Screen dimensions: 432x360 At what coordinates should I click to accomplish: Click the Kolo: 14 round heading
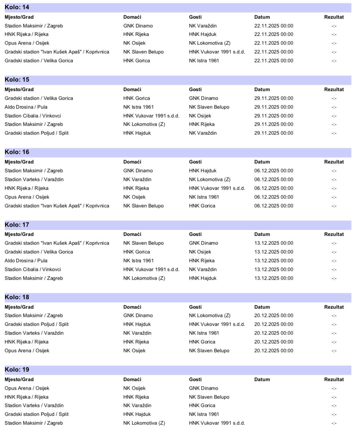coord(17,7)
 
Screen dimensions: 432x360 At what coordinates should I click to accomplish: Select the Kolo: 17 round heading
coord(17,225)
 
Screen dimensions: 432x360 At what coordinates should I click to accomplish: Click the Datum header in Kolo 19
coord(262,379)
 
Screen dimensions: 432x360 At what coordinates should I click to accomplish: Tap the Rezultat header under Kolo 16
coord(334,162)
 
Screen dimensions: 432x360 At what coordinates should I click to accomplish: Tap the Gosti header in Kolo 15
coord(195,89)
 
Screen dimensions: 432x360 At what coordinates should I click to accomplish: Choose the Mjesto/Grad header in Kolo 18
coord(19,307)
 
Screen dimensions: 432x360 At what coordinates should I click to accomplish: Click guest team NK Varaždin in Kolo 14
coord(203,26)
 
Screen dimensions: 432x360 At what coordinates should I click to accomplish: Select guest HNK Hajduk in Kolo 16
coord(203,171)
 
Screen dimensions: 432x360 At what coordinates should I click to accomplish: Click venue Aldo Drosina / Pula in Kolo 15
coord(26,107)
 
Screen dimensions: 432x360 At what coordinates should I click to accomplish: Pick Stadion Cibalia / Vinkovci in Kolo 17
coord(33,269)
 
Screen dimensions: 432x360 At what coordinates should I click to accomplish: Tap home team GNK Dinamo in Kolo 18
coord(138,315)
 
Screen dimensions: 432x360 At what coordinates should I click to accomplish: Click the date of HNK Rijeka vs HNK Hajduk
coord(274,34)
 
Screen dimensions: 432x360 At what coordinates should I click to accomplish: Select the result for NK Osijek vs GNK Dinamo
coord(334,388)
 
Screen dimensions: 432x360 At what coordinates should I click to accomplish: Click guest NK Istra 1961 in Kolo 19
coord(204,414)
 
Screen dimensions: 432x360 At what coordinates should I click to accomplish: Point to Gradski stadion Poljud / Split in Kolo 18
coord(37,324)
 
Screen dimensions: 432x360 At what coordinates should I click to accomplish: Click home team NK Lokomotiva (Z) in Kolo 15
coord(144,124)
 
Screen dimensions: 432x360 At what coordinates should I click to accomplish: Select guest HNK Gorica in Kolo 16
coord(202,206)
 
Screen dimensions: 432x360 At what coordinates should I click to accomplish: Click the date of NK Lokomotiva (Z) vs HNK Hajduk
coord(274,278)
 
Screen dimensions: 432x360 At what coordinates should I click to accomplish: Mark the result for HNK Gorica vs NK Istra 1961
coord(334,61)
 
